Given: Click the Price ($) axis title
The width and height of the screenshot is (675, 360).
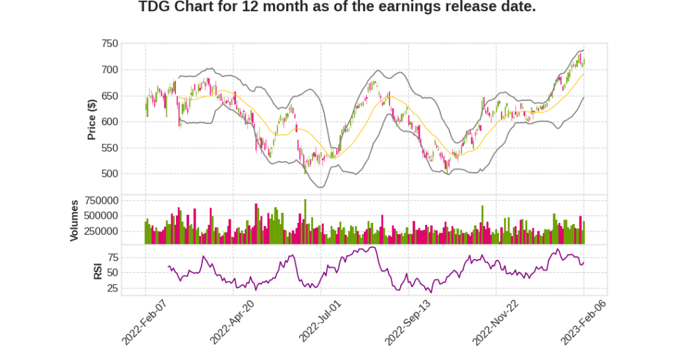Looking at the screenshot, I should click(x=92, y=119).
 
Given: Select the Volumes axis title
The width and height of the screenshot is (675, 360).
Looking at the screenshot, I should click(x=74, y=220).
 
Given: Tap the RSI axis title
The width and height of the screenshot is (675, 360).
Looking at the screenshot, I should click(x=98, y=271).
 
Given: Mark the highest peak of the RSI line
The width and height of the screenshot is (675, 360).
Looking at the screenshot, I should click(x=373, y=247).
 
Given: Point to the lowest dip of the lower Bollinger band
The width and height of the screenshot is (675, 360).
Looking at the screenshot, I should click(x=321, y=187).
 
